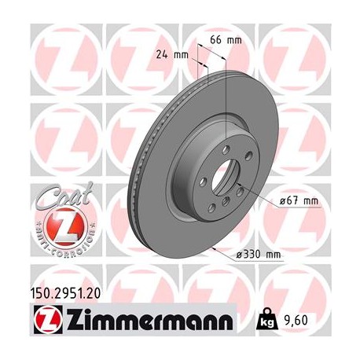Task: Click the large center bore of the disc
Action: (222, 189)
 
